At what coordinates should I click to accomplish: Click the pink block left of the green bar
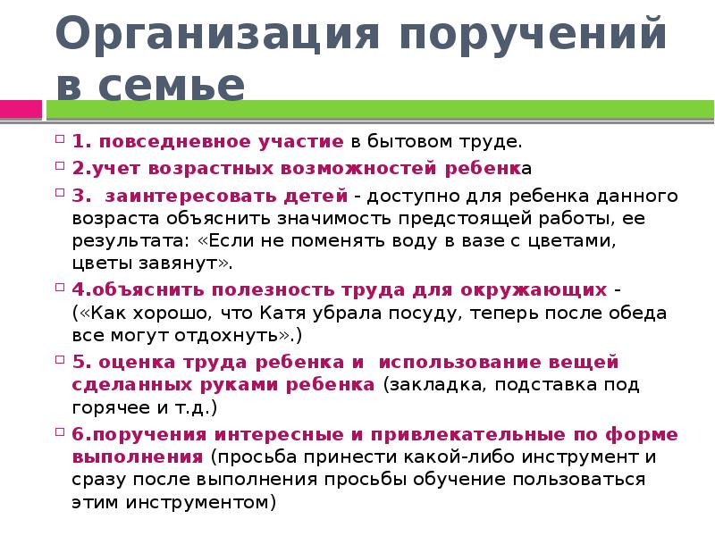(21, 110)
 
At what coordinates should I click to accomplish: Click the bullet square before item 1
(60, 139)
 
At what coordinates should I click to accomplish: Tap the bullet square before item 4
(60, 289)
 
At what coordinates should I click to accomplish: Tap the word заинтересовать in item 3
(170, 196)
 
